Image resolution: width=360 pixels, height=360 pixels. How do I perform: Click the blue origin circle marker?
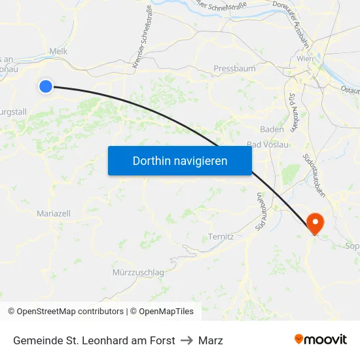(45, 86)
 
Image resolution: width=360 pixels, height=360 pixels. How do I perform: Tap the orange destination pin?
(315, 223)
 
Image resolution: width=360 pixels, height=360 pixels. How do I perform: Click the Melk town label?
(59, 51)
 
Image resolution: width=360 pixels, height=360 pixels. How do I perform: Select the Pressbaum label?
(234, 68)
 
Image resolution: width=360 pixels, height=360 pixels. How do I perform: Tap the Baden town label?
(272, 129)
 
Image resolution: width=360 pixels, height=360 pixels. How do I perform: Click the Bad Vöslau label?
(267, 145)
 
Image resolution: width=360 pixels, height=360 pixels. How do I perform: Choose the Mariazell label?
(54, 213)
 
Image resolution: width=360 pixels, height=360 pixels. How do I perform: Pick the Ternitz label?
(221, 236)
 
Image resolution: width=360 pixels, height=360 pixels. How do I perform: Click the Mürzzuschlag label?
(138, 272)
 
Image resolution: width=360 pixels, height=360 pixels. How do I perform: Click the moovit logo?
(321, 339)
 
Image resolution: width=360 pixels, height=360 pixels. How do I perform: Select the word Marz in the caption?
(211, 340)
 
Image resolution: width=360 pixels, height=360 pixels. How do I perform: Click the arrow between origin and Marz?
(187, 340)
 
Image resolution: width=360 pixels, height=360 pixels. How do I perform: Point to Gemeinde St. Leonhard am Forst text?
(94, 340)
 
